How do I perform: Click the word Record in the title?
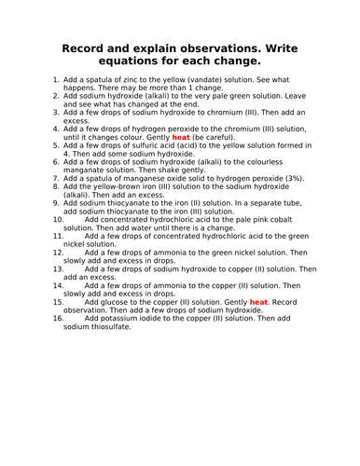point(87,48)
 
